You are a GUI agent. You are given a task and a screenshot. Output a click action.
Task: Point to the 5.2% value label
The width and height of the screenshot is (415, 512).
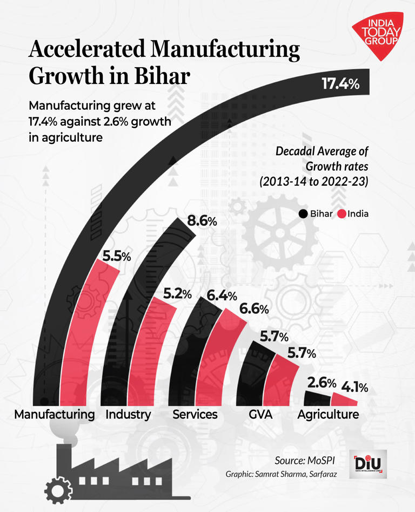tap(178, 294)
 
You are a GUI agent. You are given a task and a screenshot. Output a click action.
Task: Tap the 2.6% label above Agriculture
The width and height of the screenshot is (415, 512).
tap(318, 383)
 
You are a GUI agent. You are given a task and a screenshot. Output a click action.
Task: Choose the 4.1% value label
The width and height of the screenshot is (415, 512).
tap(354, 387)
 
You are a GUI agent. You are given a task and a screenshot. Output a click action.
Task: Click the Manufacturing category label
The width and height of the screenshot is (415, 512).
tap(55, 415)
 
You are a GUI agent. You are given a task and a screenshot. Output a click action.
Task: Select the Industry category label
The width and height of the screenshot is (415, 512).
tap(128, 415)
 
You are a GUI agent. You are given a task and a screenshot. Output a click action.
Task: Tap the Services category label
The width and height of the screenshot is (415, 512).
tap(195, 415)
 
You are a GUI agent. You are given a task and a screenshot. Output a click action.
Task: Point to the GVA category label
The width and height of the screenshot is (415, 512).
tap(261, 415)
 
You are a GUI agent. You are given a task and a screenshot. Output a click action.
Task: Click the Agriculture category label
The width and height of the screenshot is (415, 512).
tap(328, 415)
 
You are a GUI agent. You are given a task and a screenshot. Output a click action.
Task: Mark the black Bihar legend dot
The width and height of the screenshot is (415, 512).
tap(303, 214)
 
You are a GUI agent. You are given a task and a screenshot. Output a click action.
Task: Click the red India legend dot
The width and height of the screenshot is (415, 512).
tap(342, 214)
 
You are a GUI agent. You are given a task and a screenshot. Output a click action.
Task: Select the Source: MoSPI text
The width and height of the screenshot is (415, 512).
tap(305, 460)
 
